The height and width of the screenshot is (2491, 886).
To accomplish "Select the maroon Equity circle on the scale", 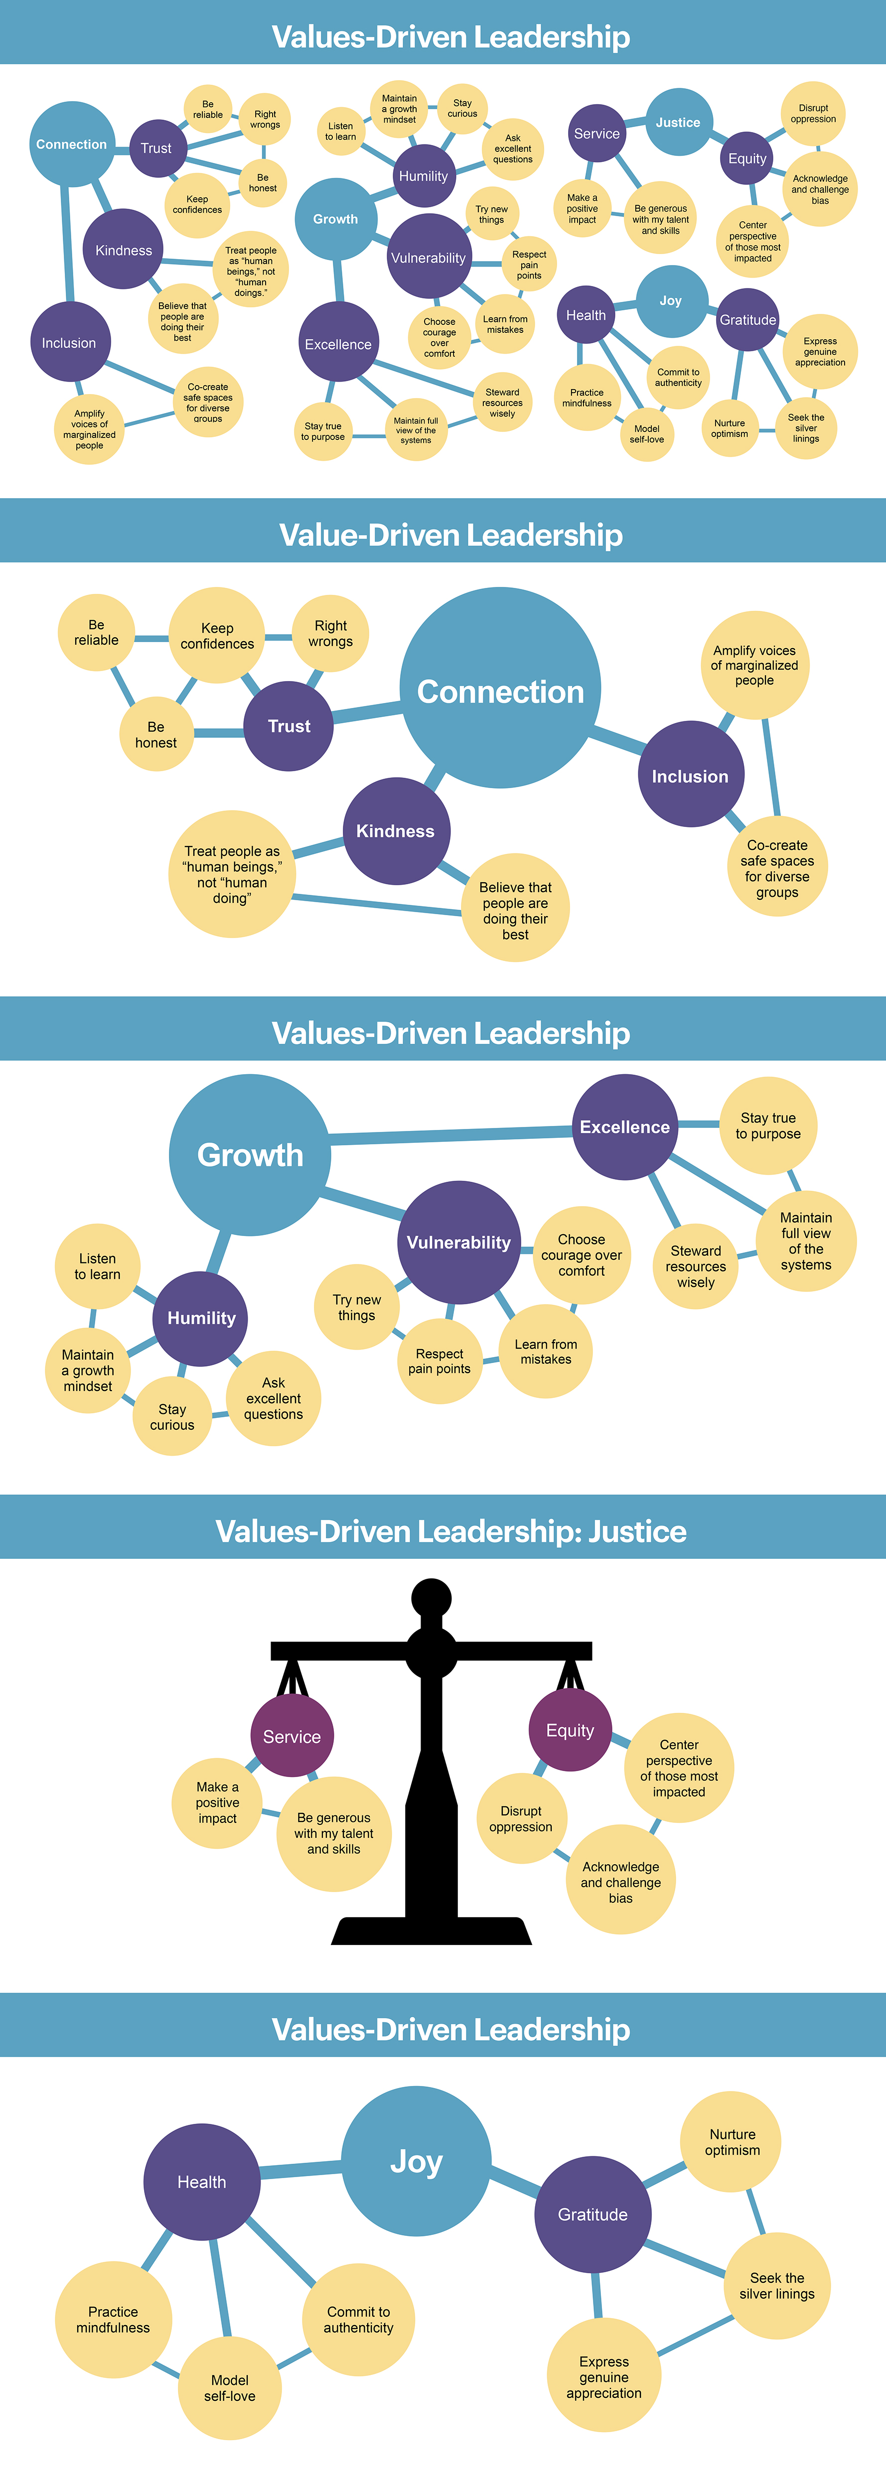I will [x=570, y=1730].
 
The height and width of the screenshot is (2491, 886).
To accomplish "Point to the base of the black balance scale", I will [x=432, y=1929].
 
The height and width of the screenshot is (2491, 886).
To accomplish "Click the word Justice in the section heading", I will [x=637, y=1531].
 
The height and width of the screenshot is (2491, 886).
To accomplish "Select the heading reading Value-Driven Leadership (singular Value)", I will [x=451, y=535].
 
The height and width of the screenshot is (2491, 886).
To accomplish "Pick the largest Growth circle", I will [x=250, y=1155].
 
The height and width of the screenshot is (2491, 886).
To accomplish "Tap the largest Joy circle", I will [x=416, y=2161].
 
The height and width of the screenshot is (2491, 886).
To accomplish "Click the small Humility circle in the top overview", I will [x=424, y=176].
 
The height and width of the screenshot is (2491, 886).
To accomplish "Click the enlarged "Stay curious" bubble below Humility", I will [x=172, y=1417].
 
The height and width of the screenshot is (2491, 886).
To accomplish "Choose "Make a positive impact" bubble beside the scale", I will [x=218, y=1802].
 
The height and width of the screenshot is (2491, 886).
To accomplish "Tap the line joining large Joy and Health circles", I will [x=300, y=2172].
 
